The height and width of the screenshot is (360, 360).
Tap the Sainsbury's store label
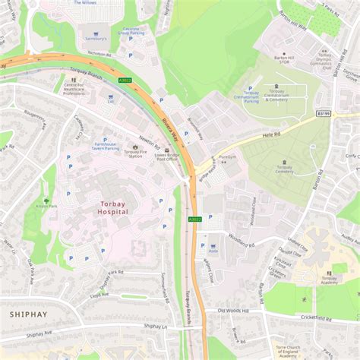point(93,46)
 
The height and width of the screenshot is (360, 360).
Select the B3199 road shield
point(324,113)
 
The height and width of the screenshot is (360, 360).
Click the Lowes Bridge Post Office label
point(166,156)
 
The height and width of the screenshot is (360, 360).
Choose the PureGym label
point(228,156)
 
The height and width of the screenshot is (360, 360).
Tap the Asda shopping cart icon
point(213,246)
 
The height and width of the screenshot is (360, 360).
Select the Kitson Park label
point(46,205)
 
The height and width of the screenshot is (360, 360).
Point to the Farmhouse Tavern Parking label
point(106,146)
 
